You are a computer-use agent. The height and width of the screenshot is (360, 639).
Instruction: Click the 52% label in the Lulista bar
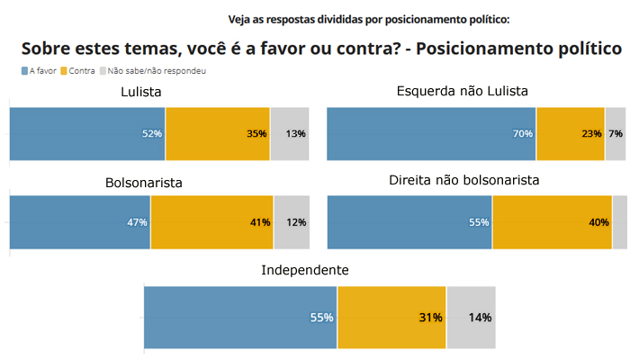(x=151, y=134)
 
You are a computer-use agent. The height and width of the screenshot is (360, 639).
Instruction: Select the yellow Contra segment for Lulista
(x=218, y=134)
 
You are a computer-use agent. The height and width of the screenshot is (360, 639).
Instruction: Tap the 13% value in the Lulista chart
(x=294, y=134)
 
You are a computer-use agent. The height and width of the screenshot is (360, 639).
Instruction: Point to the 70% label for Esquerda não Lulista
(x=523, y=134)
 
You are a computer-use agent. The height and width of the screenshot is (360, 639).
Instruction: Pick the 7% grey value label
(x=616, y=134)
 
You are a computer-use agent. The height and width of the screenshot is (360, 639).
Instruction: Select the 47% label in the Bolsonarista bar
(x=137, y=222)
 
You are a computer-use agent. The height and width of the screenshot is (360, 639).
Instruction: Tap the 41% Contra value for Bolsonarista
(x=259, y=222)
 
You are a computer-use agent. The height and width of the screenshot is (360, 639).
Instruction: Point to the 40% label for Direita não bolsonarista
(x=598, y=222)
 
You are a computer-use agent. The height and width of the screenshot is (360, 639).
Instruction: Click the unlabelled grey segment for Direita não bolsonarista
(x=619, y=222)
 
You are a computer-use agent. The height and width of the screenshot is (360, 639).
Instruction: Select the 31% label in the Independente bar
(x=430, y=318)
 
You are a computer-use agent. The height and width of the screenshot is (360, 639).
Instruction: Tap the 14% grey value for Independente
(x=479, y=318)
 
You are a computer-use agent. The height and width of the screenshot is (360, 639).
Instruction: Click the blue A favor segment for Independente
(x=240, y=318)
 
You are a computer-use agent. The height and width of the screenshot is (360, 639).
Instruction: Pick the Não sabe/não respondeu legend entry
(x=154, y=70)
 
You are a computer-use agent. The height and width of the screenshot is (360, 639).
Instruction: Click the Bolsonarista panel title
(x=144, y=183)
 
